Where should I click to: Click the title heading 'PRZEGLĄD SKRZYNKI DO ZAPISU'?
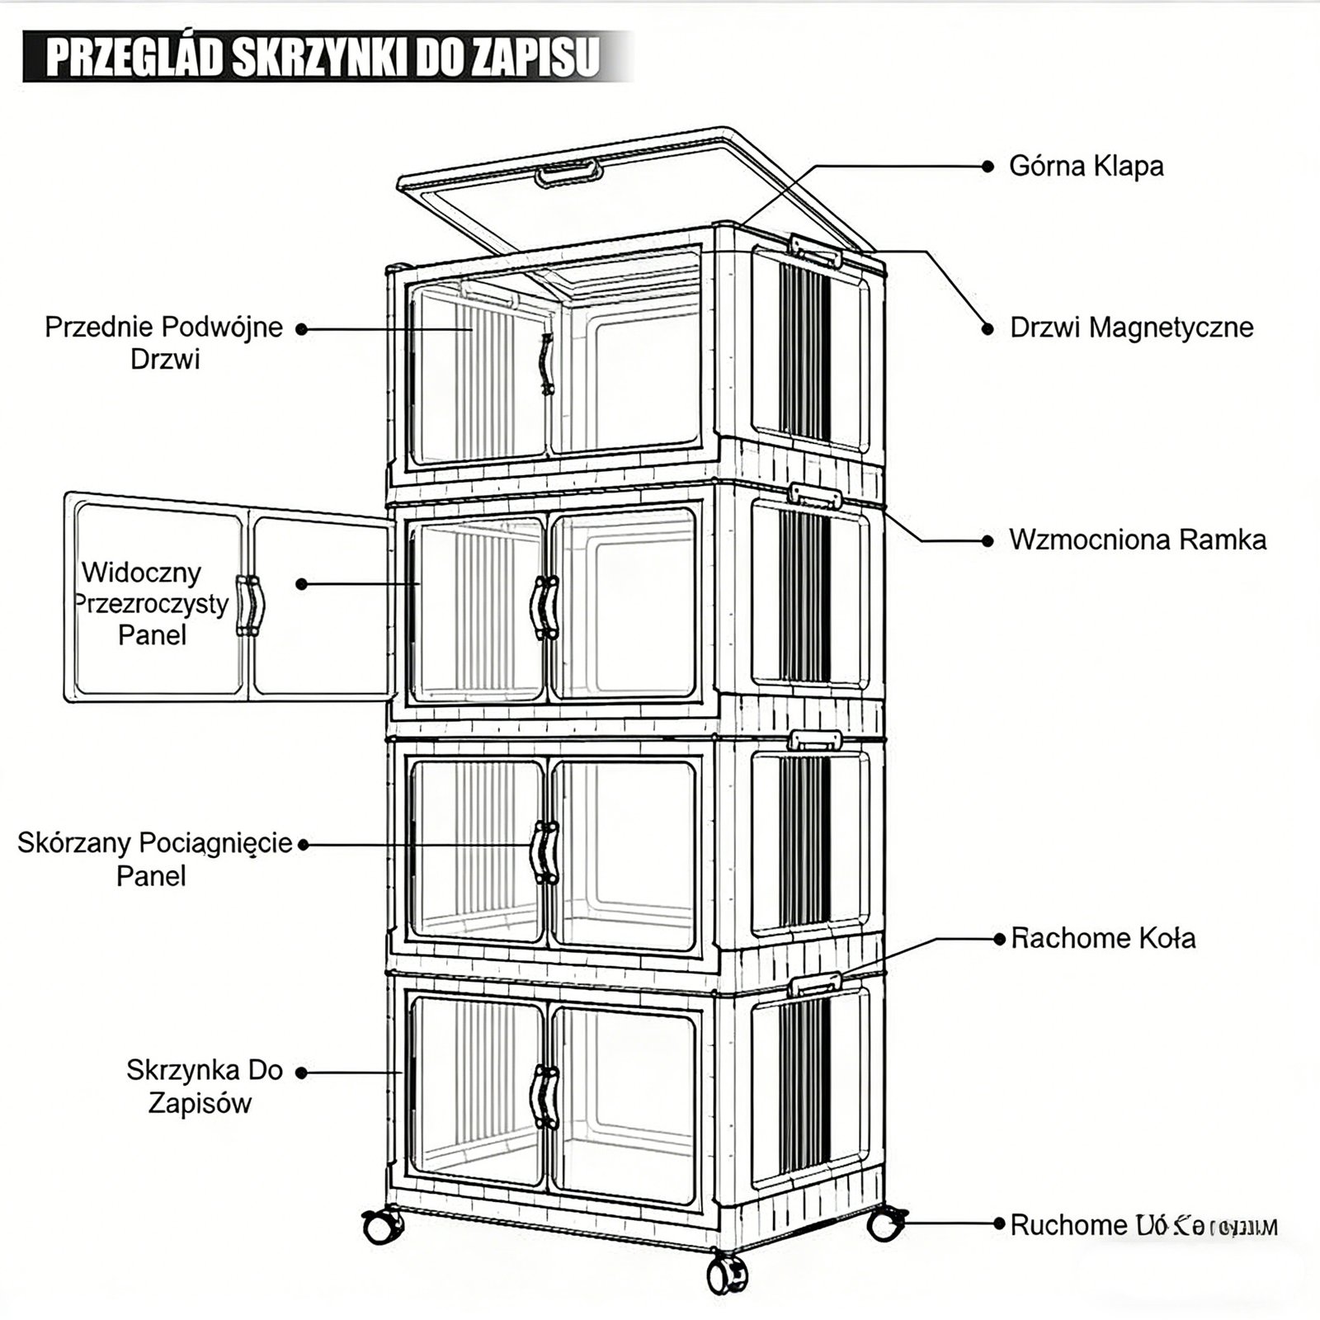[322, 57]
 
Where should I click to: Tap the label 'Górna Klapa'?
[1086, 166]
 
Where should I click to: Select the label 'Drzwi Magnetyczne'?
[1131, 328]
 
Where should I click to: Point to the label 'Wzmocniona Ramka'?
[1137, 540]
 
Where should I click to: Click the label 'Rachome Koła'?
[1103, 938]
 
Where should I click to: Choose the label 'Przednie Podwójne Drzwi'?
[164, 343]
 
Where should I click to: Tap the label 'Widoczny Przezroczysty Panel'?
[152, 604]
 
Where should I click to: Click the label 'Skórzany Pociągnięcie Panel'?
[155, 859]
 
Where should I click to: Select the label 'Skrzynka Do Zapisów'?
[204, 1087]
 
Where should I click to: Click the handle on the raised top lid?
[568, 173]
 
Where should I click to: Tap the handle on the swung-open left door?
[250, 606]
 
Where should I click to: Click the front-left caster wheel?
[382, 1227]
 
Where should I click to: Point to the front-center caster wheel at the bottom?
[727, 1275]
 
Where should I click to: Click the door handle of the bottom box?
[544, 1096]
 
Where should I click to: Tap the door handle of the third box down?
[544, 853]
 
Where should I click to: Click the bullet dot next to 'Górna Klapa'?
[988, 167]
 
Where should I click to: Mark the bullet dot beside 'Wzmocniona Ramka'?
[988, 541]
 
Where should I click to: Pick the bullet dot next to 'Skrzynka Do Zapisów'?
[301, 1072]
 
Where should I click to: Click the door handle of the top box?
[545, 365]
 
